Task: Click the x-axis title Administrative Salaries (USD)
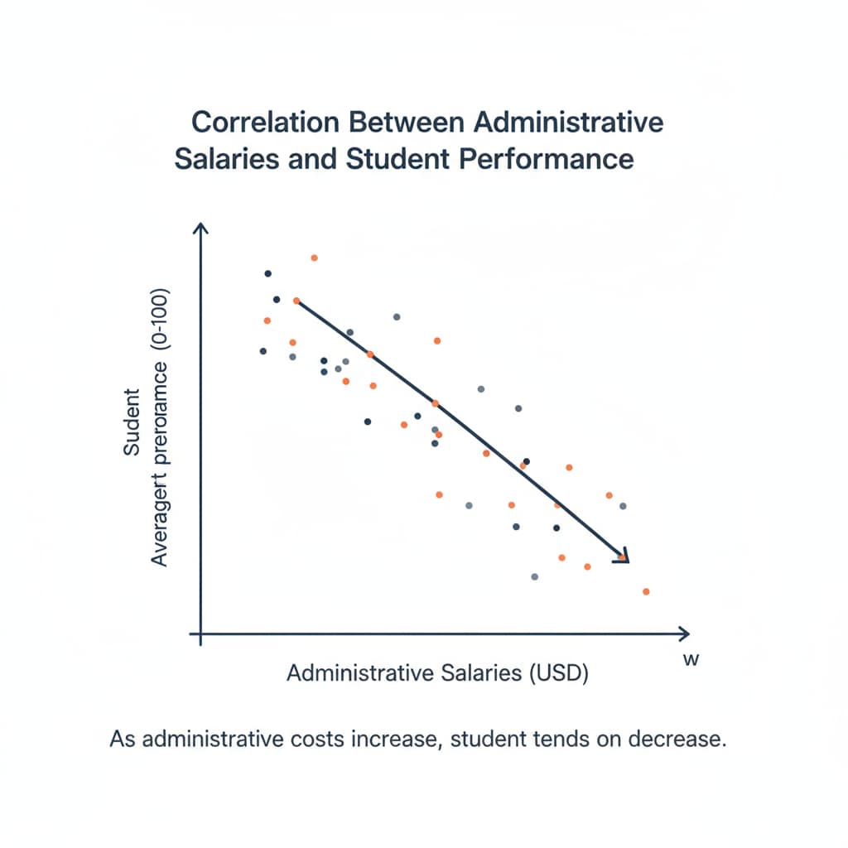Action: click(437, 673)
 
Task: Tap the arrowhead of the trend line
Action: click(623, 557)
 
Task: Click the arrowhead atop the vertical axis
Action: click(200, 228)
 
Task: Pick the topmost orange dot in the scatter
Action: click(314, 258)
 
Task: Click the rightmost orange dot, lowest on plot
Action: click(646, 591)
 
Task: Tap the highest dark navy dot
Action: click(267, 273)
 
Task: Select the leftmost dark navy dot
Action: click(263, 351)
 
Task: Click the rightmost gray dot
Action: click(623, 506)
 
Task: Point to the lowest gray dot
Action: click(534, 576)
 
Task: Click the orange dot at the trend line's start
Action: click(296, 301)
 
